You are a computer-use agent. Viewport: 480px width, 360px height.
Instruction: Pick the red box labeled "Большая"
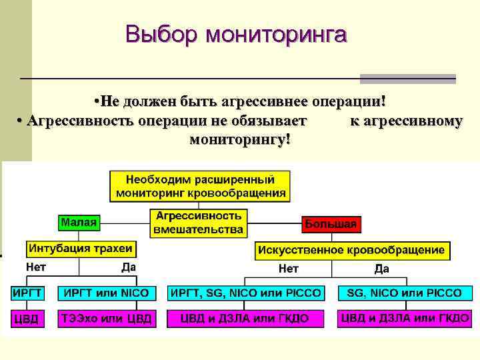(331, 224)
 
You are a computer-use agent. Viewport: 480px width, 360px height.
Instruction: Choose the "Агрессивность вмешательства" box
(198, 223)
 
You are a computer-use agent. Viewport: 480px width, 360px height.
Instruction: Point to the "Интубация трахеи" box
(80, 249)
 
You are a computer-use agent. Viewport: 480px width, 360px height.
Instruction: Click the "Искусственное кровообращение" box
(352, 251)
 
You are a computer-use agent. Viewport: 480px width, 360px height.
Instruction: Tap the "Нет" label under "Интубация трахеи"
(35, 267)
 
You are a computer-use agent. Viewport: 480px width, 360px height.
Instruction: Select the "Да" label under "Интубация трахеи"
(129, 267)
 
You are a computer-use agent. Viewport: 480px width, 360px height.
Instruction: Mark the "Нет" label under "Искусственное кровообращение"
(289, 269)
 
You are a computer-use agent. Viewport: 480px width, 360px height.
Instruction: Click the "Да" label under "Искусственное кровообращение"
(382, 269)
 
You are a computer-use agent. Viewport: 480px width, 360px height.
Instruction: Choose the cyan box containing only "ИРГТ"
(27, 293)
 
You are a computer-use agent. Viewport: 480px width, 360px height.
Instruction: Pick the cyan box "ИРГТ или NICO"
(107, 293)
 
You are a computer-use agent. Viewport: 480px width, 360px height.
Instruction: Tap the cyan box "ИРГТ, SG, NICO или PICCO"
(246, 293)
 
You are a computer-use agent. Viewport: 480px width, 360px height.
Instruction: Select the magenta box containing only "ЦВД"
(27, 319)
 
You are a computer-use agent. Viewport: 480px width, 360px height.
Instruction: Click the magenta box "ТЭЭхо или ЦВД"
(107, 319)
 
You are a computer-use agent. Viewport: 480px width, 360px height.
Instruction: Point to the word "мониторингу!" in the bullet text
(240, 141)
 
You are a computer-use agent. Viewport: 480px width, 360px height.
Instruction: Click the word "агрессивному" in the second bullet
(405, 121)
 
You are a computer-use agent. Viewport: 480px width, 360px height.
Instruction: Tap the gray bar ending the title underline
(407, 79)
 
